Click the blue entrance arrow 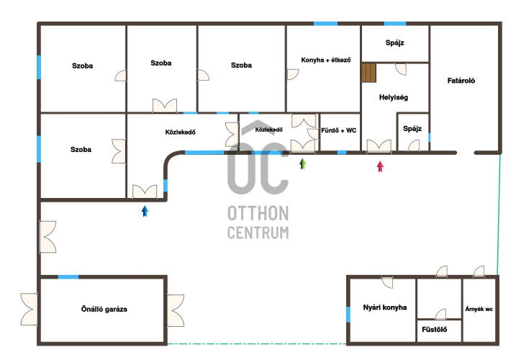tap(145, 211)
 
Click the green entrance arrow tap(303, 163)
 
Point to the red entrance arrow tap(380, 166)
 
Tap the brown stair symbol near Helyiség tap(369, 73)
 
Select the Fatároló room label tap(461, 81)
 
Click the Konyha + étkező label tap(326, 60)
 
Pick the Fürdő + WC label tap(339, 130)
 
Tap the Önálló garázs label tap(104, 309)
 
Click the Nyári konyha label tap(385, 307)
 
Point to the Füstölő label tap(435, 329)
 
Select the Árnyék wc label tap(479, 309)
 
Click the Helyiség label tap(393, 97)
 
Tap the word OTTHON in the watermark tap(258, 213)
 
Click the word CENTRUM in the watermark tap(258, 233)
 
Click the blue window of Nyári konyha tap(348, 315)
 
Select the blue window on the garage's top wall tap(68, 276)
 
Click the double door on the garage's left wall tap(30, 310)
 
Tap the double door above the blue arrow tap(145, 192)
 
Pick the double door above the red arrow tap(379, 146)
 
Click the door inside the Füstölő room tap(441, 315)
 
